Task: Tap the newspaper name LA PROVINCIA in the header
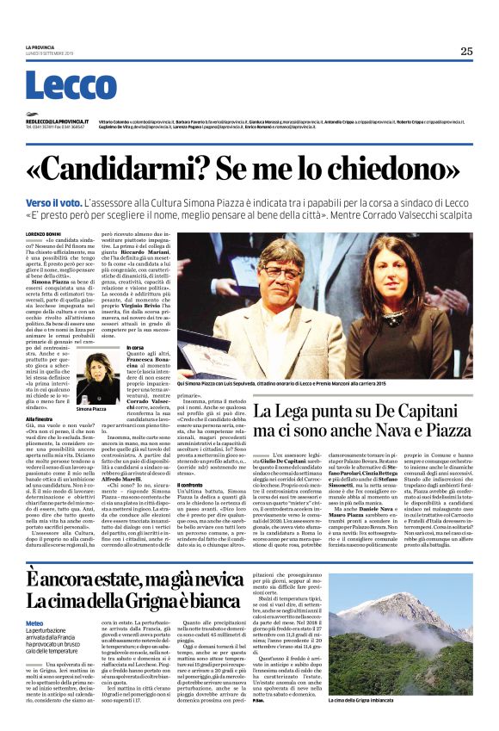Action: pos(39,46)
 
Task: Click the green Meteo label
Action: pos(34,623)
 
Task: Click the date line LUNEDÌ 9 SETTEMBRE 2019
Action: pos(43,53)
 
